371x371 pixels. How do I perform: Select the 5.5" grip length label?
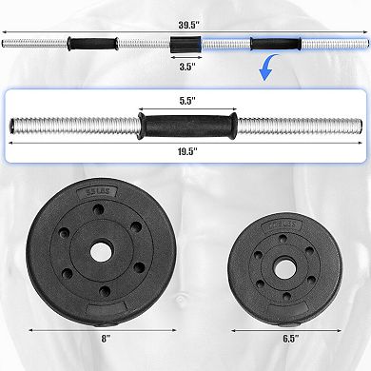(x=184, y=98)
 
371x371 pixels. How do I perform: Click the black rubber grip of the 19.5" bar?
(x=184, y=125)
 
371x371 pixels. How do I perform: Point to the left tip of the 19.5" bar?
(x=11, y=125)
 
